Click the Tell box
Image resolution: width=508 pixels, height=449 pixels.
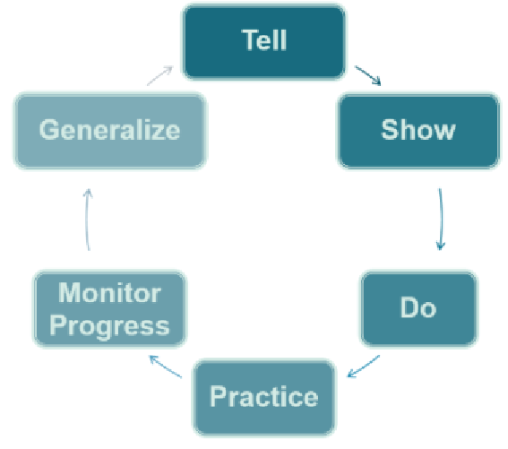click(x=263, y=41)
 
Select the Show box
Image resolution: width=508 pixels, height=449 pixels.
click(x=418, y=131)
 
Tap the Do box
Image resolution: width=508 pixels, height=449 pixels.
click(x=418, y=308)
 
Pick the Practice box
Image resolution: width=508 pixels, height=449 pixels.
click(x=264, y=397)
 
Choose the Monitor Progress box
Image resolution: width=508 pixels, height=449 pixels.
click(x=110, y=308)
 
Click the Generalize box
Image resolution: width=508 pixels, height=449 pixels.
click(x=110, y=131)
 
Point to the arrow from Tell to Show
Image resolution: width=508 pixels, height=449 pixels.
click(x=368, y=75)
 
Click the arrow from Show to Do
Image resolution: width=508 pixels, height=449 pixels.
click(x=441, y=220)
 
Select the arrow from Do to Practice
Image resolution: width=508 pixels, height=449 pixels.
click(x=363, y=367)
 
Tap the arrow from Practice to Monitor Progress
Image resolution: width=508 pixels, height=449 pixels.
click(x=165, y=367)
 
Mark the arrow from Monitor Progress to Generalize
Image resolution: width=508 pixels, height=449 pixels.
click(x=87, y=220)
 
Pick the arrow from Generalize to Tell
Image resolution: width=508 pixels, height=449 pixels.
click(x=160, y=75)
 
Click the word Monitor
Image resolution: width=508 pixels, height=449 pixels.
click(x=110, y=293)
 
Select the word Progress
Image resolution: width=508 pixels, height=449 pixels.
click(x=110, y=326)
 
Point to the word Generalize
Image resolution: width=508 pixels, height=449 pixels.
click(x=110, y=130)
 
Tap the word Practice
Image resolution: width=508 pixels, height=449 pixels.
click(x=264, y=396)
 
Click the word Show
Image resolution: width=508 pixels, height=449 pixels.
click(x=418, y=130)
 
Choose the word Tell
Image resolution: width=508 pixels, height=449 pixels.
click(x=264, y=40)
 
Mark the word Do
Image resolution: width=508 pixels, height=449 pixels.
click(x=418, y=307)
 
